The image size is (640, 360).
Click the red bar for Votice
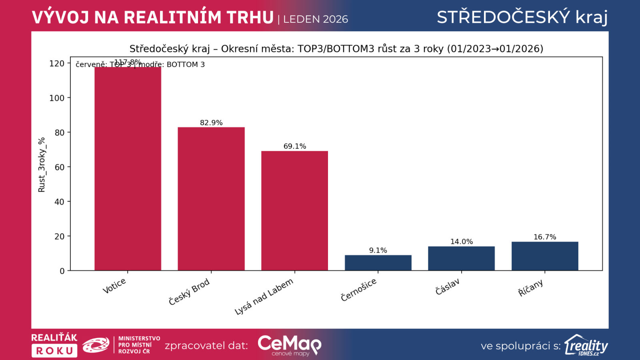[128, 168]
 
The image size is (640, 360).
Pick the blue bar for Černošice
[378, 263]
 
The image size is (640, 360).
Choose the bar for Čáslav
[461, 258]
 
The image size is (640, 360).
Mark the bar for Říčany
[545, 256]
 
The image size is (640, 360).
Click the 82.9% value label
[211, 123]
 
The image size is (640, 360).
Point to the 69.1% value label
[295, 146]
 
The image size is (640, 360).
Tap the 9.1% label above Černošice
[378, 250]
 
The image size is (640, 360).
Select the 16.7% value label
[545, 237]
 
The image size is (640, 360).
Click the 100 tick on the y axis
[57, 98]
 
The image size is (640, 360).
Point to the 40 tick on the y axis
[59, 202]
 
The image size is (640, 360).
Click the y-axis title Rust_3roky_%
[42, 165]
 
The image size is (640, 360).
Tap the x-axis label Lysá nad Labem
[264, 296]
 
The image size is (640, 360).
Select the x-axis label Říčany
[530, 288]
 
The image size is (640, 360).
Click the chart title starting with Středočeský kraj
[336, 49]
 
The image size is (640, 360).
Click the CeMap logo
[289, 345]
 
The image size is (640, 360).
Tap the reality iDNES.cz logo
[586, 345]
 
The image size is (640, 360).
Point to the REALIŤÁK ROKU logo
[54, 345]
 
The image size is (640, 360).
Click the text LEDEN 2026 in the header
[315, 19]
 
